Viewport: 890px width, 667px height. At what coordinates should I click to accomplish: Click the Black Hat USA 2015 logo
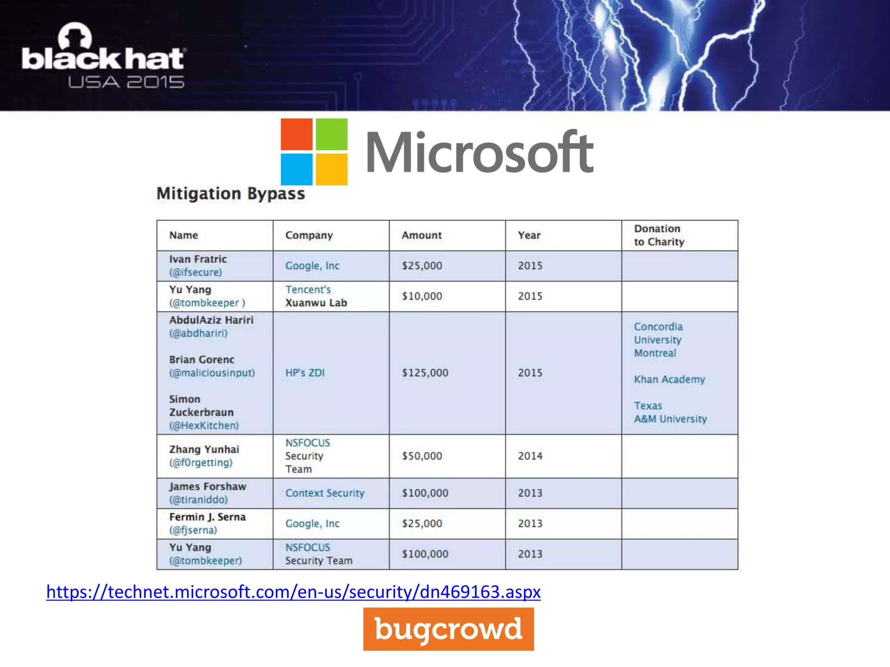pyautogui.click(x=103, y=56)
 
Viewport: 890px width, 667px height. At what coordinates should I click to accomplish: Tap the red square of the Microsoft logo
pyautogui.click(x=296, y=134)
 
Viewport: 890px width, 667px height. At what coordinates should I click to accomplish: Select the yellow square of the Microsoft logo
pyautogui.click(x=331, y=169)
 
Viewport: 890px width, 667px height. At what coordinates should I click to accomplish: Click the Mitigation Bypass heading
pyautogui.click(x=231, y=194)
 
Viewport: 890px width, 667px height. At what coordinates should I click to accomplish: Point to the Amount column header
pyautogui.click(x=422, y=235)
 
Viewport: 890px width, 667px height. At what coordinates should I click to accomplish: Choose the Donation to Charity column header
pyautogui.click(x=659, y=235)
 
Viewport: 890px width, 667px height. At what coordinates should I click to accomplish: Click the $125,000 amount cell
pyautogui.click(x=425, y=373)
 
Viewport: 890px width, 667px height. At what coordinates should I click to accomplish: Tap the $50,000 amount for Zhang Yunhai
pyautogui.click(x=422, y=456)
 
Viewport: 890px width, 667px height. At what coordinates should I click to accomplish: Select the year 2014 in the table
pyautogui.click(x=530, y=456)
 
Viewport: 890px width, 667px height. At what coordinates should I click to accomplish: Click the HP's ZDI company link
pyautogui.click(x=305, y=373)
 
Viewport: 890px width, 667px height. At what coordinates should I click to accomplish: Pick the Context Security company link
pyautogui.click(x=325, y=493)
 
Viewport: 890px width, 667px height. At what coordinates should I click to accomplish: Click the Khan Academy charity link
pyautogui.click(x=669, y=380)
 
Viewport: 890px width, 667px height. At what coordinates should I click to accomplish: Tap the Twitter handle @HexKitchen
pyautogui.click(x=204, y=426)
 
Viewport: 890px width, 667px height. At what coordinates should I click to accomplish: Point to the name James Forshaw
pyautogui.click(x=208, y=486)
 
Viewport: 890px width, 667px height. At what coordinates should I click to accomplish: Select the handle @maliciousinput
pyautogui.click(x=212, y=373)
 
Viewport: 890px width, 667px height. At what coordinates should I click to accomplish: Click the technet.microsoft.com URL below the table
pyautogui.click(x=293, y=592)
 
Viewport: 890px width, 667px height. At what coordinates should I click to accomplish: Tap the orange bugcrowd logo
pyautogui.click(x=448, y=629)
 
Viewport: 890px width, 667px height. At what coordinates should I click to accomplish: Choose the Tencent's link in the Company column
pyautogui.click(x=308, y=290)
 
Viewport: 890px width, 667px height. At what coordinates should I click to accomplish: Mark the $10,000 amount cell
pyautogui.click(x=422, y=296)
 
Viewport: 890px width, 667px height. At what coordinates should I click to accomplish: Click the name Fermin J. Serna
pyautogui.click(x=208, y=517)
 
